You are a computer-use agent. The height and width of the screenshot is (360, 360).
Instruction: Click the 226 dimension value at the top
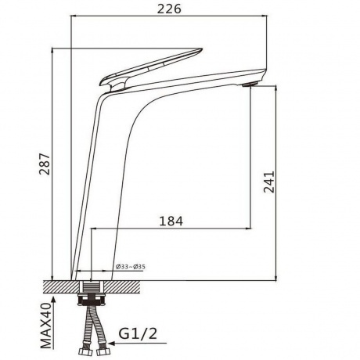169,9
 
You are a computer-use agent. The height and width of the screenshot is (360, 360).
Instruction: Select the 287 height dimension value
45,164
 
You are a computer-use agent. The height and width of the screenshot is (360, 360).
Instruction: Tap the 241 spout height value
269,182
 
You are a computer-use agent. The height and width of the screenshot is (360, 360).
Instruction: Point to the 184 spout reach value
171,221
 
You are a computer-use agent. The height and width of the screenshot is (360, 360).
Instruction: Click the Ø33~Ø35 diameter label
131,267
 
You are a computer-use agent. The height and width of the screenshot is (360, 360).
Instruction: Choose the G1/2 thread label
138,333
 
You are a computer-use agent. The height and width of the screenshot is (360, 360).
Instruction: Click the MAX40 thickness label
46,326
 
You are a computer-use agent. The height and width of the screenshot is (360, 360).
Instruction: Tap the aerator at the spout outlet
250,85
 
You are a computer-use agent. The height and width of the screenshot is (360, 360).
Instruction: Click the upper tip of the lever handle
201,49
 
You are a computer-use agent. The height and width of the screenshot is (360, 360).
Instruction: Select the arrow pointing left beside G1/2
138,343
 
